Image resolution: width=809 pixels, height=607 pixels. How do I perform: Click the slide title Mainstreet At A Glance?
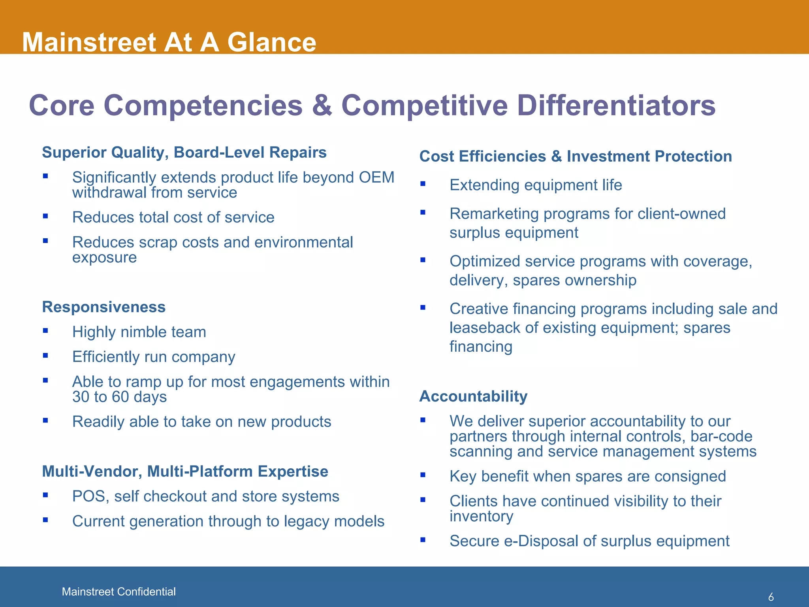tap(169, 42)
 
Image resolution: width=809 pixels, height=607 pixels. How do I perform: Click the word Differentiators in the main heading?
tap(616, 106)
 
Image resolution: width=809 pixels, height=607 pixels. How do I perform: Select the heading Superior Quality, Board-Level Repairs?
tap(184, 153)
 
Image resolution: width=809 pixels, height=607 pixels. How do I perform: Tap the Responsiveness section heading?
tap(103, 307)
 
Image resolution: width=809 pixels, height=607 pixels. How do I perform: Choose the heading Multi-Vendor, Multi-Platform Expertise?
tap(185, 471)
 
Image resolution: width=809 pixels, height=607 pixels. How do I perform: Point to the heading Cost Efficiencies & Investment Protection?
tap(576, 156)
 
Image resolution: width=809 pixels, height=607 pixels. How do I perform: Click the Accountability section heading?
tap(473, 396)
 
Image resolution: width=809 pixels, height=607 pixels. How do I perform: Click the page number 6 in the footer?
tap(771, 597)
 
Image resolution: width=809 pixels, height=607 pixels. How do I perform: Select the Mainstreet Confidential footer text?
tap(119, 592)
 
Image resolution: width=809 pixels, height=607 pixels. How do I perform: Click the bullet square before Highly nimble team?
tap(45, 331)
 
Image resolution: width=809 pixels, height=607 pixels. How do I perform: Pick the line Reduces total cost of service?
tap(173, 217)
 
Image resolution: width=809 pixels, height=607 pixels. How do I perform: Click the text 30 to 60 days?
tap(119, 397)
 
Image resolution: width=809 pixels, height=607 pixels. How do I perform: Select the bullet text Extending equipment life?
tap(536, 185)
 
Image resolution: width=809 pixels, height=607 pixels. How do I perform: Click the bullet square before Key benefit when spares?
tap(423, 475)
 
